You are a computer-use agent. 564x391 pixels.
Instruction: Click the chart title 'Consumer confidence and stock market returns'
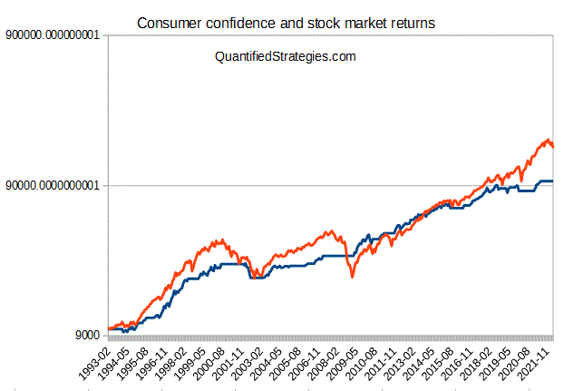click(x=286, y=21)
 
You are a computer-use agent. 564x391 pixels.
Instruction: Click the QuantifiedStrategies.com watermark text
click(x=285, y=56)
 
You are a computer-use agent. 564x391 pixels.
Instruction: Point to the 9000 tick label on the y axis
click(x=88, y=336)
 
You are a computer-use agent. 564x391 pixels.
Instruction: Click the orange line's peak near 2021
click(x=547, y=140)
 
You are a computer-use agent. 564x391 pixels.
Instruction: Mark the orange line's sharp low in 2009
click(x=353, y=277)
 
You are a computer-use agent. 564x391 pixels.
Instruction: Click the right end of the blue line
click(x=552, y=181)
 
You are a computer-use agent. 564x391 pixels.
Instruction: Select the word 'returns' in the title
click(x=410, y=21)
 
